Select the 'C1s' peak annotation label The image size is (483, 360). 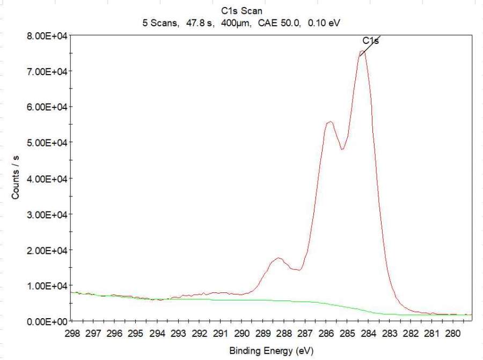click(x=370, y=41)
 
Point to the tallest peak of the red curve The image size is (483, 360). click(x=362, y=52)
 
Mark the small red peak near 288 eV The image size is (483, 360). click(x=278, y=258)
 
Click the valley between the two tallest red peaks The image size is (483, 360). click(x=342, y=149)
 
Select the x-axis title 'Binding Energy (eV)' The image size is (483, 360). click(x=271, y=351)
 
